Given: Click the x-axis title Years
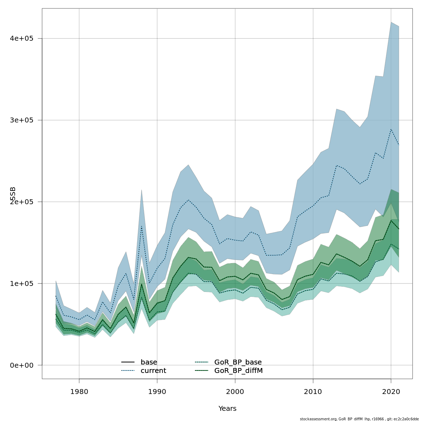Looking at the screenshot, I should pyautogui.click(x=227, y=409).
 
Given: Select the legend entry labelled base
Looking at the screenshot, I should pyautogui.click(x=149, y=362).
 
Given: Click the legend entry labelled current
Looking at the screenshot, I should pyautogui.click(x=153, y=371).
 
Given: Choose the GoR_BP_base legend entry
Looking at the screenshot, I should pyautogui.click(x=238, y=362).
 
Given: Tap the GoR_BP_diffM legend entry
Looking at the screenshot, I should pyautogui.click(x=239, y=371).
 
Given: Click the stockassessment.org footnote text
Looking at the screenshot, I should pyautogui.click(x=359, y=419).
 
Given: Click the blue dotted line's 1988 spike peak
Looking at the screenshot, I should pyautogui.click(x=141, y=226).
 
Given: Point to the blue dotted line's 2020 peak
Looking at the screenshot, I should pyautogui.click(x=391, y=129).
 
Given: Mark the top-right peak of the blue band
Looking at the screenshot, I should pyautogui.click(x=391, y=22).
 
